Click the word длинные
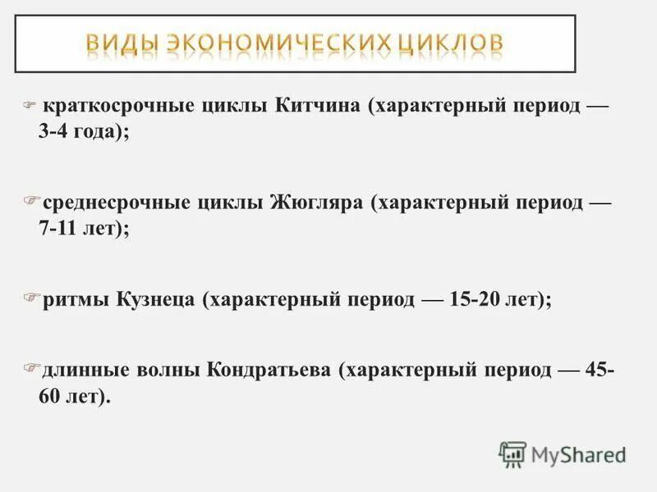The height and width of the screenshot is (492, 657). (x=81, y=370)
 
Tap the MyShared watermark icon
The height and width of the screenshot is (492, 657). (x=512, y=454)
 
